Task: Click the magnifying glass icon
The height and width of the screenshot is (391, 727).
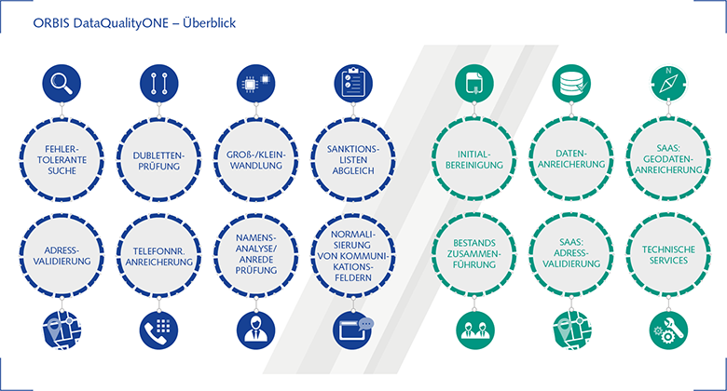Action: pyautogui.click(x=62, y=84)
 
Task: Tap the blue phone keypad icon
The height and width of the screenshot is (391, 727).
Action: pyautogui.click(x=158, y=330)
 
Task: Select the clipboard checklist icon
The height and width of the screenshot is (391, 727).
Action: pyautogui.click(x=353, y=84)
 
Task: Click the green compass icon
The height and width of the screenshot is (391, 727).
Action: pyautogui.click(x=668, y=84)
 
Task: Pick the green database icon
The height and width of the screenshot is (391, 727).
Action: pyautogui.click(x=571, y=84)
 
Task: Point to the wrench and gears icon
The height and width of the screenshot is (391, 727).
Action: pyautogui.click(x=668, y=330)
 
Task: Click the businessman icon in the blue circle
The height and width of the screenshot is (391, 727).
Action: pyautogui.click(x=256, y=330)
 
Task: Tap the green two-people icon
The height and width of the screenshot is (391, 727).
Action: pyautogui.click(x=474, y=330)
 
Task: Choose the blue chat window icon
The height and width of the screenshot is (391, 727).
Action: pyautogui.click(x=353, y=330)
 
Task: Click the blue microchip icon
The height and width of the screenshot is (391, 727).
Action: pyautogui.click(x=256, y=84)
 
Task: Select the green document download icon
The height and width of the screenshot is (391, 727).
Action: pyautogui.click(x=474, y=84)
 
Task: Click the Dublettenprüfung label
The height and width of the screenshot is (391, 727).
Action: pyautogui.click(x=158, y=161)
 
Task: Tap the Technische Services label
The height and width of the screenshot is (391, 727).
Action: pyautogui.click(x=668, y=255)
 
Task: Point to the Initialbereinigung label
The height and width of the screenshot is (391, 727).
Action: pyautogui.click(x=474, y=159)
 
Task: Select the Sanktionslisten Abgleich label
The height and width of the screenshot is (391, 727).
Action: pyautogui.click(x=353, y=160)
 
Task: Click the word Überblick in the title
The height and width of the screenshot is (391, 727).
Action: pyautogui.click(x=209, y=22)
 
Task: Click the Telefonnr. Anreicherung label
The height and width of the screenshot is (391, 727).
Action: pyautogui.click(x=159, y=257)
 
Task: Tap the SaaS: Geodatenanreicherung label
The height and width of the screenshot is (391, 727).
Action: pyautogui.click(x=668, y=159)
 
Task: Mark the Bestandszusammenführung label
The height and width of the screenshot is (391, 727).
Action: pyautogui.click(x=474, y=254)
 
